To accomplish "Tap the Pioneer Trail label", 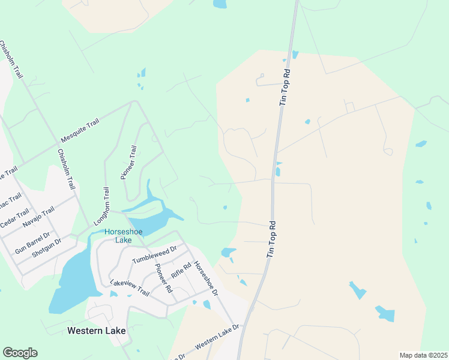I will (x=129, y=163).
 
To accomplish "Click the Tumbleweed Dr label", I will (x=154, y=254).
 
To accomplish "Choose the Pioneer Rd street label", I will (x=163, y=278).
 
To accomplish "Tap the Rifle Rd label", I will (x=181, y=271).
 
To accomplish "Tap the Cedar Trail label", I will (x=14, y=218).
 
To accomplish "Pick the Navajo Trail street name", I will (x=38, y=217).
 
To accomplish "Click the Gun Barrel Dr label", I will (x=32, y=242).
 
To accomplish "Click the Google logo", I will (x=20, y=353).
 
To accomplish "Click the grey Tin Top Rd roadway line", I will (x=275, y=156).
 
